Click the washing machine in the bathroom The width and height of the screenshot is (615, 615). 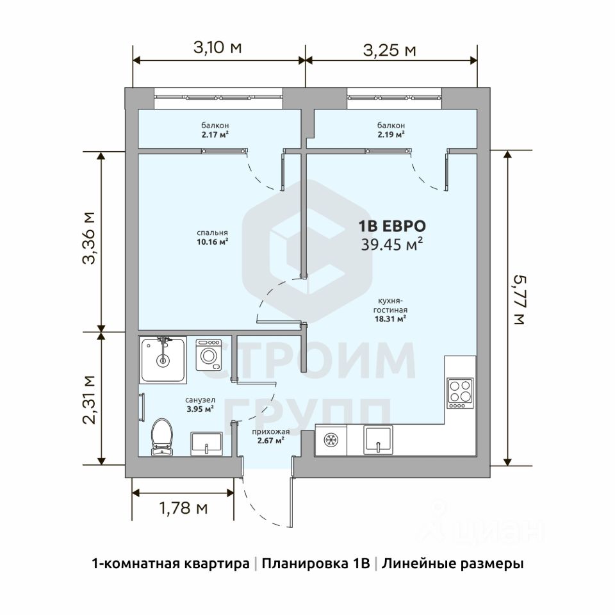click(x=209, y=354)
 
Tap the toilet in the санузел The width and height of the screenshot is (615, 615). click(x=162, y=437)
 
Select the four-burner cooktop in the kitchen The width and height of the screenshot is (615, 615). click(x=460, y=393)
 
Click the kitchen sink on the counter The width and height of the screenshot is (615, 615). click(x=378, y=440)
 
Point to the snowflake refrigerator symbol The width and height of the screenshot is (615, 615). click(x=331, y=440)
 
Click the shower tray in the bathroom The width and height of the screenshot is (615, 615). click(x=163, y=359)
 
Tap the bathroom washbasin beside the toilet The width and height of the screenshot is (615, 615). click(x=207, y=443)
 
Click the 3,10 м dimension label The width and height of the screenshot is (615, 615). click(x=218, y=47)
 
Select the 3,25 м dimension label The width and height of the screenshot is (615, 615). click(x=389, y=50)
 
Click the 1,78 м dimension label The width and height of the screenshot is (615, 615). click(x=184, y=508)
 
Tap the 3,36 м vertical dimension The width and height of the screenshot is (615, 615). click(x=88, y=238)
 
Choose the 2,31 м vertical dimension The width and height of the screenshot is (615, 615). click(x=89, y=400)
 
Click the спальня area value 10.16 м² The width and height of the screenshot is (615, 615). click(x=213, y=242)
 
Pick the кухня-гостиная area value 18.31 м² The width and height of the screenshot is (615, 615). click(x=390, y=318)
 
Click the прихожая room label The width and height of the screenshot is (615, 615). click(x=271, y=432)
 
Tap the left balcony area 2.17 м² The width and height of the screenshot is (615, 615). click(x=215, y=135)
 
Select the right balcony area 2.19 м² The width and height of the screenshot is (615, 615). click(x=391, y=135)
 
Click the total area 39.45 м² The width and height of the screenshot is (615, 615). click(x=392, y=244)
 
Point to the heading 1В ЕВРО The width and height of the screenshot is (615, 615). click(x=392, y=226)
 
